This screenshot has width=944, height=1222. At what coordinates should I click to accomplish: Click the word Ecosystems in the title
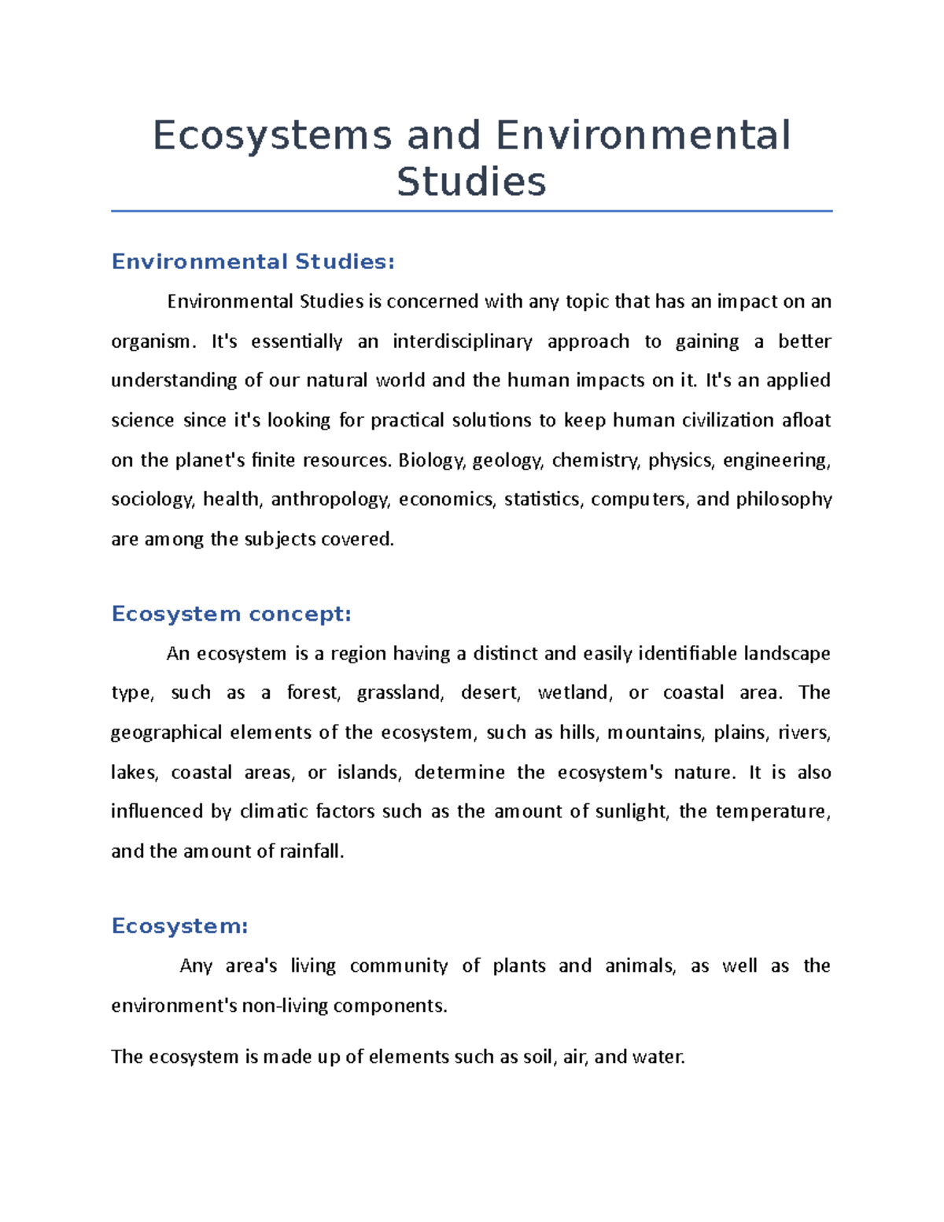click(x=271, y=135)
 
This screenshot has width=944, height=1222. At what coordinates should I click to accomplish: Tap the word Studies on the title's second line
click(x=471, y=182)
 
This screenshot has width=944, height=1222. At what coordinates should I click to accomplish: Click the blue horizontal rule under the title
click(x=471, y=211)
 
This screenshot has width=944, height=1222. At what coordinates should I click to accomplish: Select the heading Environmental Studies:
click(x=253, y=261)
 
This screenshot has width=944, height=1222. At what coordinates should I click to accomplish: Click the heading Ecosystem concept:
click(x=231, y=614)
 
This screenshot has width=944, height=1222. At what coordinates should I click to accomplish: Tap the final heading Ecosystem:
click(x=179, y=926)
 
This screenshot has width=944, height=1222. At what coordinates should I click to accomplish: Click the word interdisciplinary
click(x=463, y=341)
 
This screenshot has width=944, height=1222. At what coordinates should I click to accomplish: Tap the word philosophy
click(x=784, y=500)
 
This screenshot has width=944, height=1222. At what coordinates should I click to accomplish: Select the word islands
click(x=369, y=773)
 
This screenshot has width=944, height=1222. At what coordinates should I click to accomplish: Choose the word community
click(x=398, y=966)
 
